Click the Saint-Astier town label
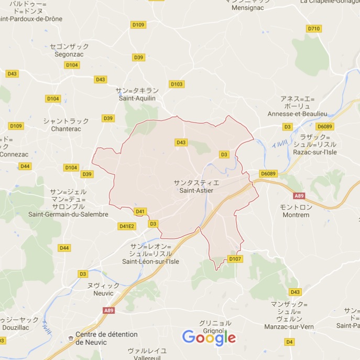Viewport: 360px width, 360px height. pyautogui.click(x=197, y=190)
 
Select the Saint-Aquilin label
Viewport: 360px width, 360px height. pyautogui.click(x=138, y=98)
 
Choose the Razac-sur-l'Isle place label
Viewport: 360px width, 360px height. pyautogui.click(x=315, y=152)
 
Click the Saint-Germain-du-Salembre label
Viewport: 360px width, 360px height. pyautogui.click(x=68, y=214)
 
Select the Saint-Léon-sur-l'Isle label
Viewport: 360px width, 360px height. pyautogui.click(x=151, y=261)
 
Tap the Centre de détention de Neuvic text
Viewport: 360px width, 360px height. pyautogui.click(x=106, y=338)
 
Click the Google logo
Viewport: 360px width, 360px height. pyautogui.click(x=209, y=338)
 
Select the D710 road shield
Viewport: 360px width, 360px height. pyautogui.click(x=313, y=29)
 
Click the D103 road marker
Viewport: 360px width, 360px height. pyautogui.click(x=177, y=84)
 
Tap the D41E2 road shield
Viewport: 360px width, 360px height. pyautogui.click(x=127, y=226)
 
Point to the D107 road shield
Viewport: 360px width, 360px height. pyautogui.click(x=235, y=259)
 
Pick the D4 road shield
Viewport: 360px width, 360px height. pyautogui.click(x=289, y=342)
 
